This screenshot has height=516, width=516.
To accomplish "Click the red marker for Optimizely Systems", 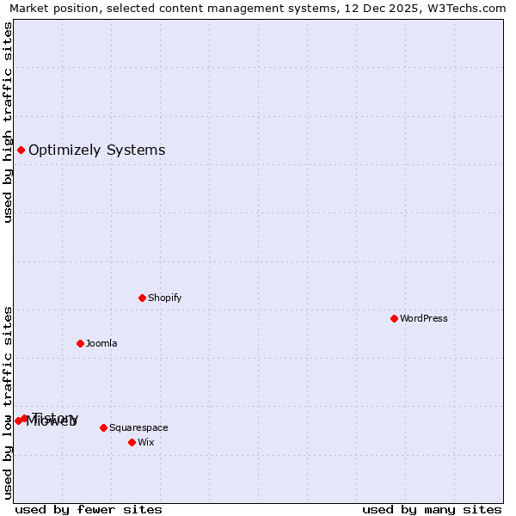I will (21, 150).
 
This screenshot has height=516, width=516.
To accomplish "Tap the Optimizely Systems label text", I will (96, 150).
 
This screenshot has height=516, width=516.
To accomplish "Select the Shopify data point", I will (142, 298).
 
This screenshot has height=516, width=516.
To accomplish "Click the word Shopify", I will (164, 298).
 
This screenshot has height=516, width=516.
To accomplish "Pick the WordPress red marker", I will (394, 318).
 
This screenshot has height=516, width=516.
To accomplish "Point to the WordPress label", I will (423, 319).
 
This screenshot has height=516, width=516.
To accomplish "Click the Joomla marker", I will (80, 343).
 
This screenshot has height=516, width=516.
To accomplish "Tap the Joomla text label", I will (101, 344).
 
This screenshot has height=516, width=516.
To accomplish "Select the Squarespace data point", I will (103, 427).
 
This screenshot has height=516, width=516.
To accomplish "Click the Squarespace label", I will (138, 428).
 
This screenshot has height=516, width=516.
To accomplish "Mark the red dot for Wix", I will (132, 442).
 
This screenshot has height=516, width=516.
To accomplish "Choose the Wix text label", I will (145, 443).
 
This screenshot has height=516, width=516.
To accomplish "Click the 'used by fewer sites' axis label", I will (89, 509).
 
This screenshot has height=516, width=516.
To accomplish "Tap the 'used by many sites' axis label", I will (432, 509).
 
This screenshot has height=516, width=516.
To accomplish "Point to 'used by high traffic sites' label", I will (9, 122).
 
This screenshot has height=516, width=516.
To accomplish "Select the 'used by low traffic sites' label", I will (9, 402).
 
